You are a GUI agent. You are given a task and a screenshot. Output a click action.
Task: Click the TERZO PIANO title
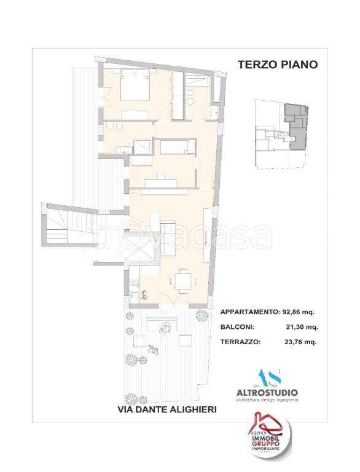[x=276, y=65]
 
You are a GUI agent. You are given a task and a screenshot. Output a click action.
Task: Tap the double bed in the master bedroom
[x=133, y=88]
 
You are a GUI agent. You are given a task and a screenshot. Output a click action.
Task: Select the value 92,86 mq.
[x=300, y=312]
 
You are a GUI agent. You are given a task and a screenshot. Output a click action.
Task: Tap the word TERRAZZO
[x=240, y=342]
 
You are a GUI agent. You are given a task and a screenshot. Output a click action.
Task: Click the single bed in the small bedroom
[x=177, y=147]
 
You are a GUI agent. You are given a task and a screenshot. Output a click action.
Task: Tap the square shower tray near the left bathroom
[x=143, y=147]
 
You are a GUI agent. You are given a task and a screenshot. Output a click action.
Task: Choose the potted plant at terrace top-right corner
[x=200, y=315]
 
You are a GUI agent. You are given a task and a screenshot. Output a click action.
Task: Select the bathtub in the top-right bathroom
[x=198, y=81]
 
